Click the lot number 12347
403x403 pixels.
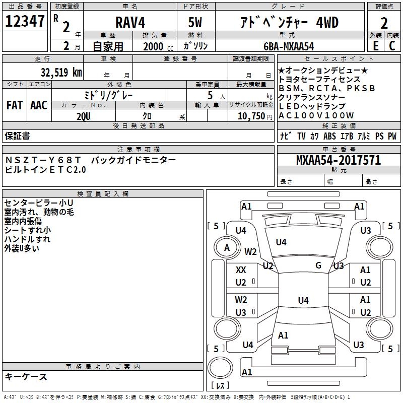click(25, 22)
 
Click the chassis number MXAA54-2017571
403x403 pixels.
click(338, 161)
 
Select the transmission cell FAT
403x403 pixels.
click(14, 105)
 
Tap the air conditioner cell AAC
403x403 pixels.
click(38, 105)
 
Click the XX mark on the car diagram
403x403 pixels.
click(241, 270)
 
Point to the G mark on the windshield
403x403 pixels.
click(318, 265)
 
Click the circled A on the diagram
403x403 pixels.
click(227, 247)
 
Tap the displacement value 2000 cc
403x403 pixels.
click(157, 46)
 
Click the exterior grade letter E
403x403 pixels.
click(375, 46)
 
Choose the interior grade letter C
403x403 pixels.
click(391, 46)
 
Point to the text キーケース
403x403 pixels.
click(26, 377)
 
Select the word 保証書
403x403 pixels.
click(17, 136)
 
